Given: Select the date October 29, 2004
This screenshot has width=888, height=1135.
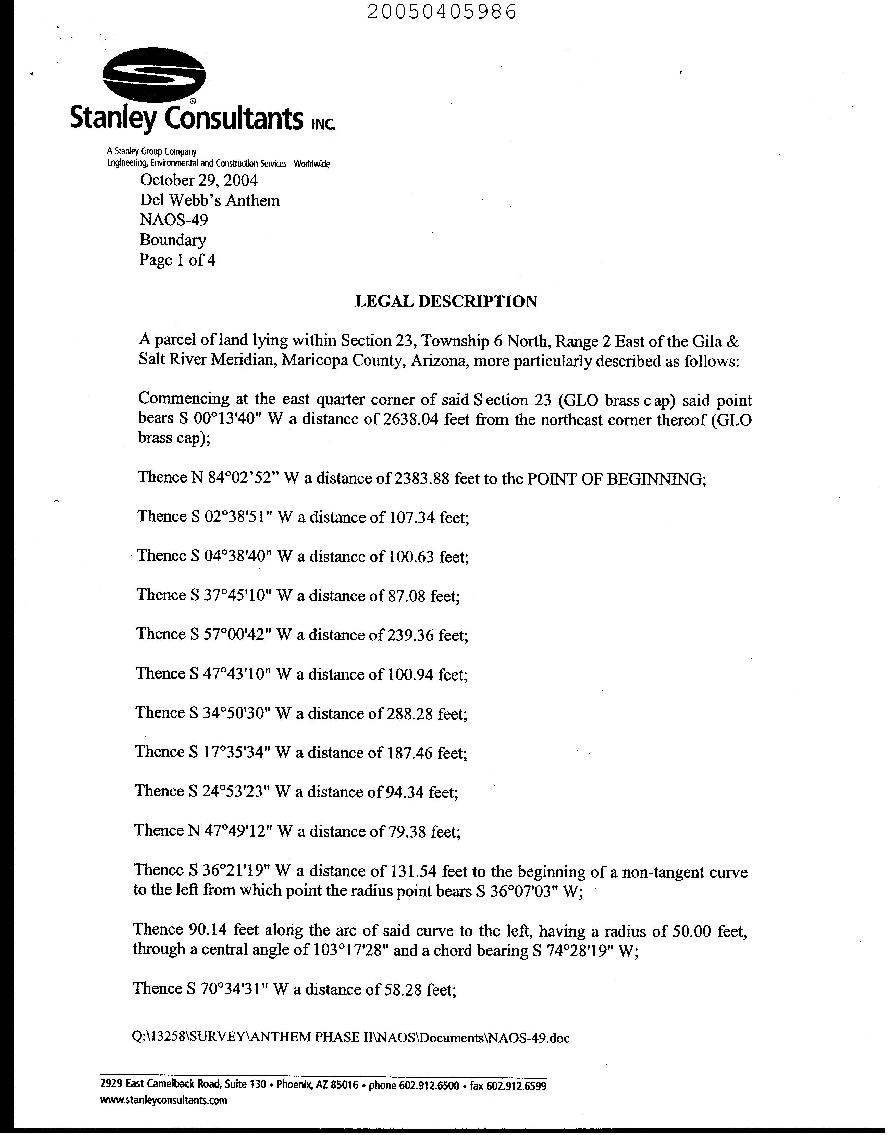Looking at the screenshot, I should [199, 180].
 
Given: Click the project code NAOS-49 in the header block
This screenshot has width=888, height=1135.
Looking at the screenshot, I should [174, 220].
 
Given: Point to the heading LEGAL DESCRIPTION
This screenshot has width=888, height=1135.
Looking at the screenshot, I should [446, 302].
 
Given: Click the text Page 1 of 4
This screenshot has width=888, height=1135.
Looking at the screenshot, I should [177, 260].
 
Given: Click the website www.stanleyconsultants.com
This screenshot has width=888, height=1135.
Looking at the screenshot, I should [164, 1100].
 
